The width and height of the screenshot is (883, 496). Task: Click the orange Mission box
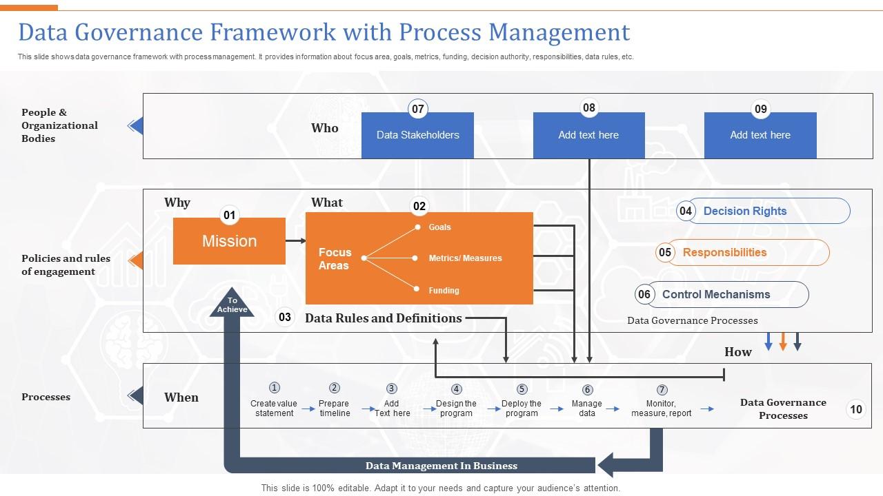pyautogui.click(x=229, y=242)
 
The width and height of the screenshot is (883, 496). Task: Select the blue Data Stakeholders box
pyautogui.click(x=417, y=136)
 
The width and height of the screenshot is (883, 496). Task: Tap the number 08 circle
pyautogui.click(x=588, y=108)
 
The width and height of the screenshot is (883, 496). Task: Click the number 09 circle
pyautogui.click(x=760, y=109)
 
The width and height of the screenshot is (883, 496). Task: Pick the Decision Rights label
pyautogui.click(x=744, y=211)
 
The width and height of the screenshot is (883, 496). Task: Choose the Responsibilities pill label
pyautogui.click(x=724, y=253)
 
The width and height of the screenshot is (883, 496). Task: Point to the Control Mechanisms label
pyautogui.click(x=715, y=295)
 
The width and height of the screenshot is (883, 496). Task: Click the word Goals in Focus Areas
pyautogui.click(x=439, y=227)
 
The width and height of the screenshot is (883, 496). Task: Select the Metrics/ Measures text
pyautogui.click(x=465, y=258)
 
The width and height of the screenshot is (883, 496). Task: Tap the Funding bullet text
pyautogui.click(x=444, y=291)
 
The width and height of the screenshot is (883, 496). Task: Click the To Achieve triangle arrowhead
pyautogui.click(x=232, y=304)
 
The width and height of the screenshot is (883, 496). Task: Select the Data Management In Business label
pyautogui.click(x=441, y=466)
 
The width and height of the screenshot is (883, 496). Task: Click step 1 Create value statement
pyautogui.click(x=274, y=409)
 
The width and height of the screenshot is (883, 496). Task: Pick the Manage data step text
pyautogui.click(x=587, y=409)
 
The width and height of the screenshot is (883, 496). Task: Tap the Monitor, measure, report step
pyautogui.click(x=661, y=409)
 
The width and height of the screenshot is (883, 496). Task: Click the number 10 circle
pyautogui.click(x=855, y=409)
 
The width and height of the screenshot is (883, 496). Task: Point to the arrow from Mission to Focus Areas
pyautogui.click(x=296, y=241)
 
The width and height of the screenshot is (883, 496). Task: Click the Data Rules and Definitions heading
pyautogui.click(x=383, y=318)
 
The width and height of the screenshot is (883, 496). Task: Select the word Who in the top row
pyautogui.click(x=324, y=128)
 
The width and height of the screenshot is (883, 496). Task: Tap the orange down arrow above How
pyautogui.click(x=783, y=342)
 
